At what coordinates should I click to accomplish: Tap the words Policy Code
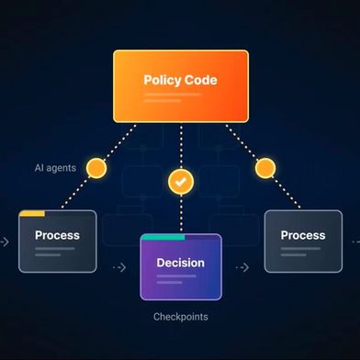[x=180, y=80]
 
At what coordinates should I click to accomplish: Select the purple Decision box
[x=181, y=268]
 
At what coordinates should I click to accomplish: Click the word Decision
[x=181, y=263]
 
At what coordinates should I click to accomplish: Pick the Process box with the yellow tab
[x=57, y=242]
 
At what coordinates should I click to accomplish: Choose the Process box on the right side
[x=302, y=242]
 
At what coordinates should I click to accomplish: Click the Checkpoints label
[x=180, y=317]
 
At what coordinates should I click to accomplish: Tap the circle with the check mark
[x=181, y=182]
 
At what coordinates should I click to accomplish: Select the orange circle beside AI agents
[x=96, y=169]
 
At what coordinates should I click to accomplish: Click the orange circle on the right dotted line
[x=265, y=168]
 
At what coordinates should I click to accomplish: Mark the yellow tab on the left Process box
[x=32, y=213]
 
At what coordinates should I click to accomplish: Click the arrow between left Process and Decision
[x=118, y=268]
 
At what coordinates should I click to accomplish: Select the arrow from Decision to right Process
[x=242, y=268]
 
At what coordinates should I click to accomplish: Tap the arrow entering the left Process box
[x=5, y=242]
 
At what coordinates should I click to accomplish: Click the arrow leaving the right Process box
[x=354, y=242]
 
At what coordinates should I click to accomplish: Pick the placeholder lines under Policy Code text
[x=174, y=96]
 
